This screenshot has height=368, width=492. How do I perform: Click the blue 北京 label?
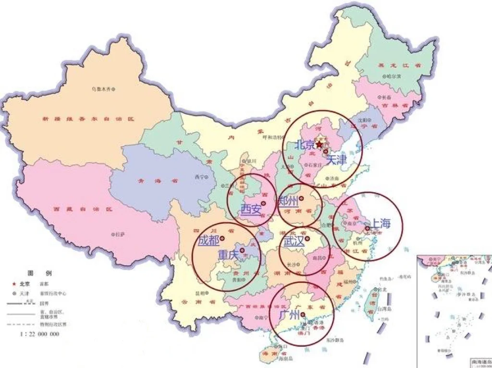305,145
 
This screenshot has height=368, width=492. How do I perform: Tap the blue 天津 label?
336,160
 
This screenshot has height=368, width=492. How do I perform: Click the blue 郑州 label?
288,201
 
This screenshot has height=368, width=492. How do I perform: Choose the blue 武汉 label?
294,242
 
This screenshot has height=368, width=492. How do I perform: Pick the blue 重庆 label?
228,255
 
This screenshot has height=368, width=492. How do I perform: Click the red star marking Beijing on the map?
320,144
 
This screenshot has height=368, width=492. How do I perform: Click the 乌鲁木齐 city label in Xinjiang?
101,89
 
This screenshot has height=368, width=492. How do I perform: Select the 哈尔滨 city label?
395,76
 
